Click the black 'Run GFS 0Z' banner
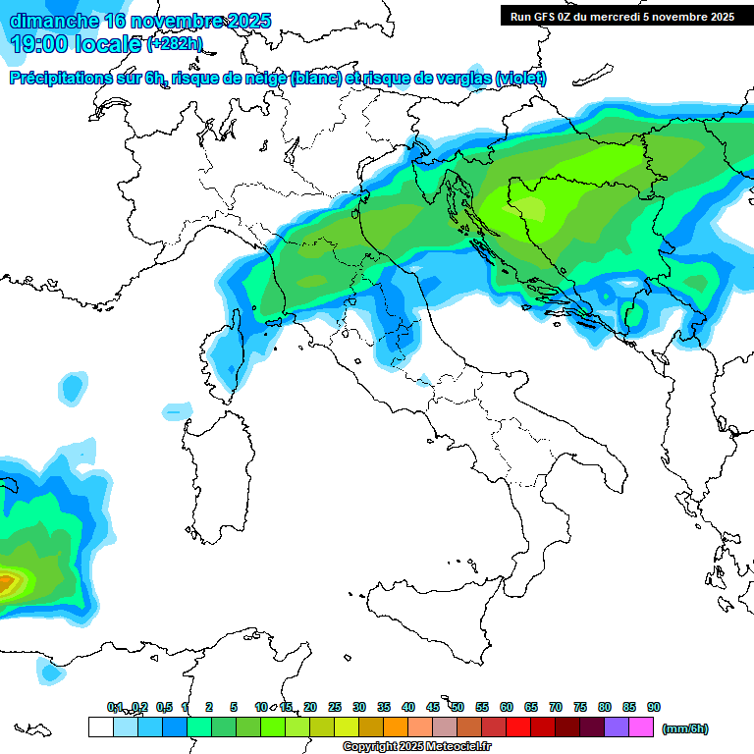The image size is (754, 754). tap(621, 16)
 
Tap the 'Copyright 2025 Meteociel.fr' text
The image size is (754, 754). tap(416, 747)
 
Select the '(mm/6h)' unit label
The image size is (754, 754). tap(684, 728)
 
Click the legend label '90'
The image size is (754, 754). tap(653, 707)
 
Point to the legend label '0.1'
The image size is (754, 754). tap(115, 707)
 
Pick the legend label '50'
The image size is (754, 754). tap(458, 707)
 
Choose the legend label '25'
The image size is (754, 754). tap(335, 707)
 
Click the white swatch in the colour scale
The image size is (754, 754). tap(100, 727)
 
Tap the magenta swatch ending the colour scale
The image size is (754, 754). tap(641, 727)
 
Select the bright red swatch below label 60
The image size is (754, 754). tap(518, 727)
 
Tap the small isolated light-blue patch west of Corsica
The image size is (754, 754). tap(72, 388)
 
